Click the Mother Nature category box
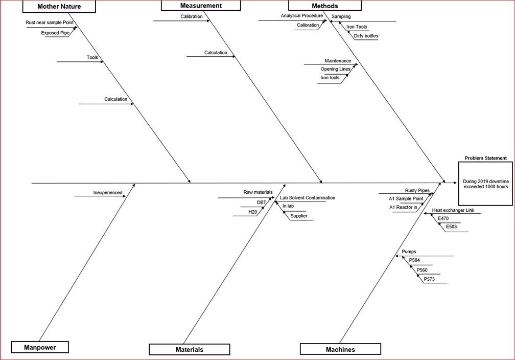click(59, 7)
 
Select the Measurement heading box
click(201, 6)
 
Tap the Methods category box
click(324, 6)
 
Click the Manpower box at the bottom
click(40, 347)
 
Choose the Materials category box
click(189, 349)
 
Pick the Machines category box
click(340, 349)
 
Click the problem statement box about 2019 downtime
click(485, 184)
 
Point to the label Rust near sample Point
click(50, 22)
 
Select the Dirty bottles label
click(366, 36)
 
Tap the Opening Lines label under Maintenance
click(335, 69)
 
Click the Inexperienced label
click(108, 193)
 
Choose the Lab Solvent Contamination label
click(308, 197)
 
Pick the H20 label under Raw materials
click(252, 212)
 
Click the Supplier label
click(298, 216)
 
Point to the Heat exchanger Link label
click(453, 210)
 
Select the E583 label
click(452, 227)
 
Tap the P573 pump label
click(429, 279)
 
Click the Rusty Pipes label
click(417, 190)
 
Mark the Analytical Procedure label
click(301, 16)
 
